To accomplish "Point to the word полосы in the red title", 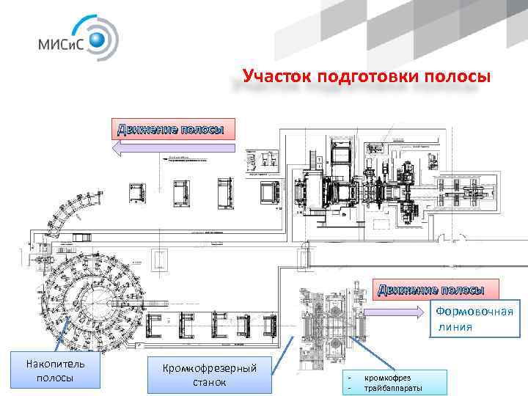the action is tap(455, 76).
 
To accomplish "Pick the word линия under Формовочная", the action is tap(466, 326).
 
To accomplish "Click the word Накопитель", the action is tap(55, 364).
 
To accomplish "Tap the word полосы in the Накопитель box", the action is tap(55, 378).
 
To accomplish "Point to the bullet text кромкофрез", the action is tap(387, 376).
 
